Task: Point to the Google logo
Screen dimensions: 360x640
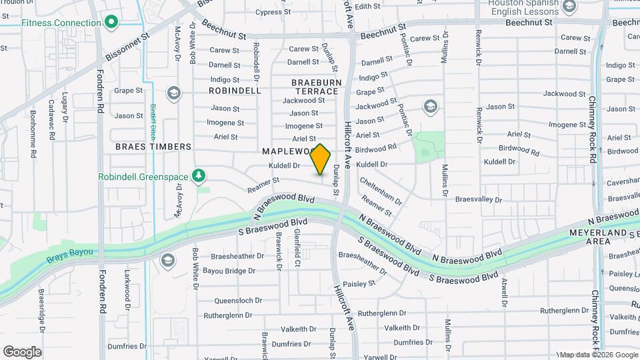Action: click(22, 352)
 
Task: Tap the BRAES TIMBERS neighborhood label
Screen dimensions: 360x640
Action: click(153, 147)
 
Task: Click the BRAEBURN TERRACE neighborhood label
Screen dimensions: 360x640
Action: click(316, 86)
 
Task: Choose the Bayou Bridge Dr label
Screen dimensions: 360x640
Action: click(229, 271)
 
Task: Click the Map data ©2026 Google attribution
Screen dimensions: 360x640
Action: click(598, 355)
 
